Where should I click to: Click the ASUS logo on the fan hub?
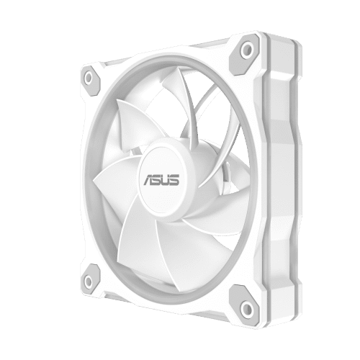tap(161, 180)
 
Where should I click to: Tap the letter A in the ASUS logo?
tap(149, 180)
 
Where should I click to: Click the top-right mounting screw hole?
tap(247, 50)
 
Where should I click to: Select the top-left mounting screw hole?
tap(89, 78)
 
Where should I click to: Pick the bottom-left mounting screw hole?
tap(89, 281)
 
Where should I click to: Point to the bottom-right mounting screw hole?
tap(247, 307)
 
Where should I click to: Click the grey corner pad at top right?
tap(245, 54)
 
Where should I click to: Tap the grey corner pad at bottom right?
tap(245, 305)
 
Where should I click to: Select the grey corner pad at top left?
tap(91, 81)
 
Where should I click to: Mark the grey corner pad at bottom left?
tap(91, 279)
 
